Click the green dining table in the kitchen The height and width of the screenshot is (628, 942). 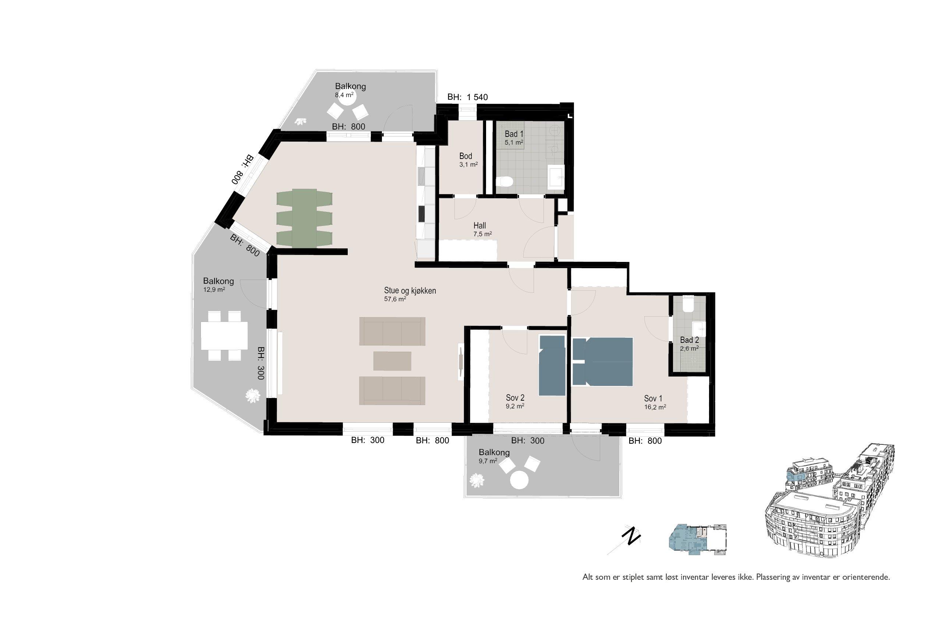click(x=304, y=218)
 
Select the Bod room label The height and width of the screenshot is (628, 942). click(x=466, y=156)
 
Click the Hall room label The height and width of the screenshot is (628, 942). click(x=479, y=226)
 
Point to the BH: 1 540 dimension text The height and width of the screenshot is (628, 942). click(x=467, y=97)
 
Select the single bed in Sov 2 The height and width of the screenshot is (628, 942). click(x=552, y=365)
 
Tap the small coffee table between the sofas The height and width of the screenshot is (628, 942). click(x=392, y=361)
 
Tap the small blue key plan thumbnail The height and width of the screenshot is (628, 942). click(x=697, y=539)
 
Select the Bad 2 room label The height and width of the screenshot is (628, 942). click(x=689, y=340)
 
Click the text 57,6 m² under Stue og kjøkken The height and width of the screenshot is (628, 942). click(x=395, y=298)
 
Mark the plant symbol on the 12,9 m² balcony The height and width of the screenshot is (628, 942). click(x=253, y=395)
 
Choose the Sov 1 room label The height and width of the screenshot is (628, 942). click(x=653, y=398)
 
